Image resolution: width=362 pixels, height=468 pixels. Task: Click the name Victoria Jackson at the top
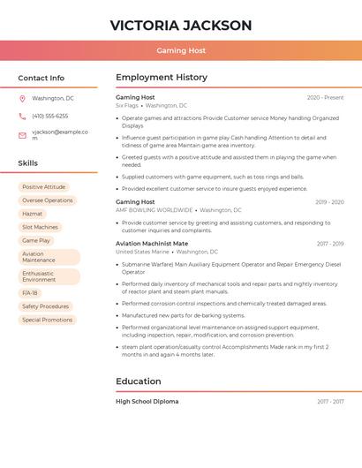181,25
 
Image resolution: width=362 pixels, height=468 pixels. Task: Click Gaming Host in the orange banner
181,50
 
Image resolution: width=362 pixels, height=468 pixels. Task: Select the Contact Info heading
41,78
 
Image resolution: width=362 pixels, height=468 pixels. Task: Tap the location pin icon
22,98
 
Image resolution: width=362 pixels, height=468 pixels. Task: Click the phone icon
22,116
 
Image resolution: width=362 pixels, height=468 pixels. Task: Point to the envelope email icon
22,135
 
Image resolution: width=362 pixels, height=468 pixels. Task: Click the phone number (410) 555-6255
49,116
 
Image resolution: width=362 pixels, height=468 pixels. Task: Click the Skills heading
28,162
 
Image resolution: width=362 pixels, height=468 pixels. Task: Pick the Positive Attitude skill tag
44,187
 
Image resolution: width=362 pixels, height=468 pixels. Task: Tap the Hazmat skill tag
33,214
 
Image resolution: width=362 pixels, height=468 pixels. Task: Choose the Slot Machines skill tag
40,227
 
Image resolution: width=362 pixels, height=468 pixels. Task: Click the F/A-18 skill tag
30,292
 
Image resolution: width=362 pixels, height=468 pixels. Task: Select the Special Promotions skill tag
48,320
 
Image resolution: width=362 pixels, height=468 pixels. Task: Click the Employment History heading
162,78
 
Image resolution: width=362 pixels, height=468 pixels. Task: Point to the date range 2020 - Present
325,97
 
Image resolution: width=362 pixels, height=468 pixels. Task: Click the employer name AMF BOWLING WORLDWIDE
155,210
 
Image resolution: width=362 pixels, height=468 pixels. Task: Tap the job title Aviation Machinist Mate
152,243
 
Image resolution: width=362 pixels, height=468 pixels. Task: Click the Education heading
139,381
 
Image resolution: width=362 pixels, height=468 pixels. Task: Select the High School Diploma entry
147,402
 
